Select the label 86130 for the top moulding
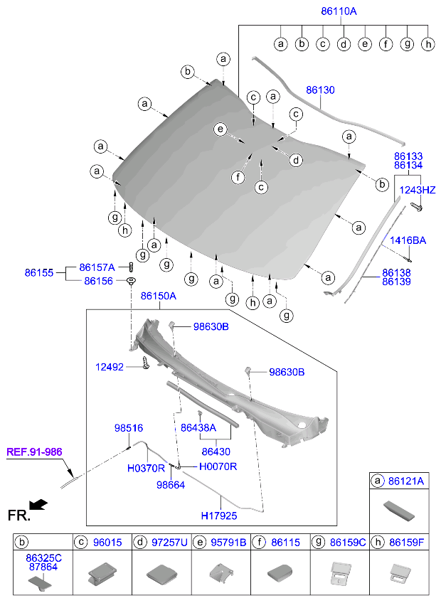[320, 90]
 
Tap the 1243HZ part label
[417, 190]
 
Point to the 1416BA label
[408, 241]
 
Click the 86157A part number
[97, 267]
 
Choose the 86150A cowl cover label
[158, 296]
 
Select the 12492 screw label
[110, 367]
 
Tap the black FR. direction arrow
[39, 505]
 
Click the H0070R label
[218, 466]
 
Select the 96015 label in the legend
[107, 543]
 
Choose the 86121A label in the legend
[405, 481]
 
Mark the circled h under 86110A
[427, 44]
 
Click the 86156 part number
[99, 281]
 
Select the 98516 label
[129, 428]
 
